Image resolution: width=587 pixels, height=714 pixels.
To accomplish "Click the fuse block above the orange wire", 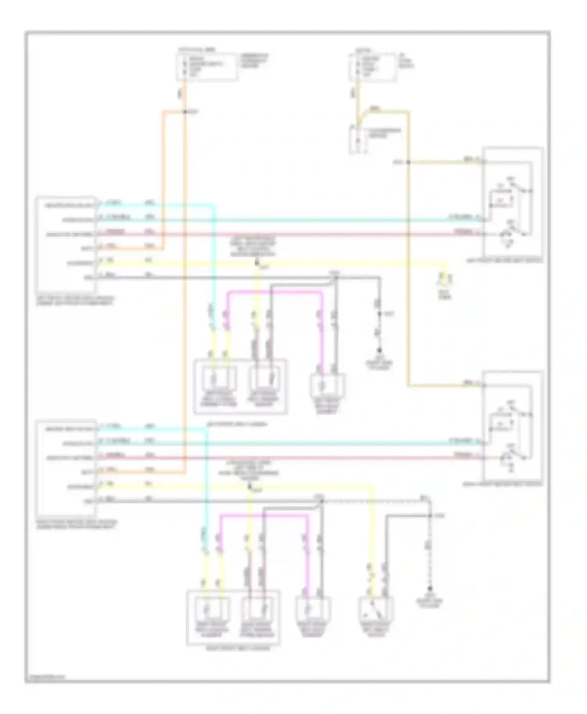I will [207, 67].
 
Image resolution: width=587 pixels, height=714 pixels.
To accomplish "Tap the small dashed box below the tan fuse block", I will [359, 139].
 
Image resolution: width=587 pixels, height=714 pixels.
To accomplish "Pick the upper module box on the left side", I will [65, 245].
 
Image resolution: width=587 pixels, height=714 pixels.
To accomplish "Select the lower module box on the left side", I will [65, 468].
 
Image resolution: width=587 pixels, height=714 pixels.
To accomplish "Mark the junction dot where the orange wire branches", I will [185, 112].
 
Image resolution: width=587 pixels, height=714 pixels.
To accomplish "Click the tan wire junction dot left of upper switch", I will [408, 162].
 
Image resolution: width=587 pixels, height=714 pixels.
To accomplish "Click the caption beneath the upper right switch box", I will [513, 260].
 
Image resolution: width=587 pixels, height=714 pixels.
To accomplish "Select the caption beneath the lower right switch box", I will [513, 484].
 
